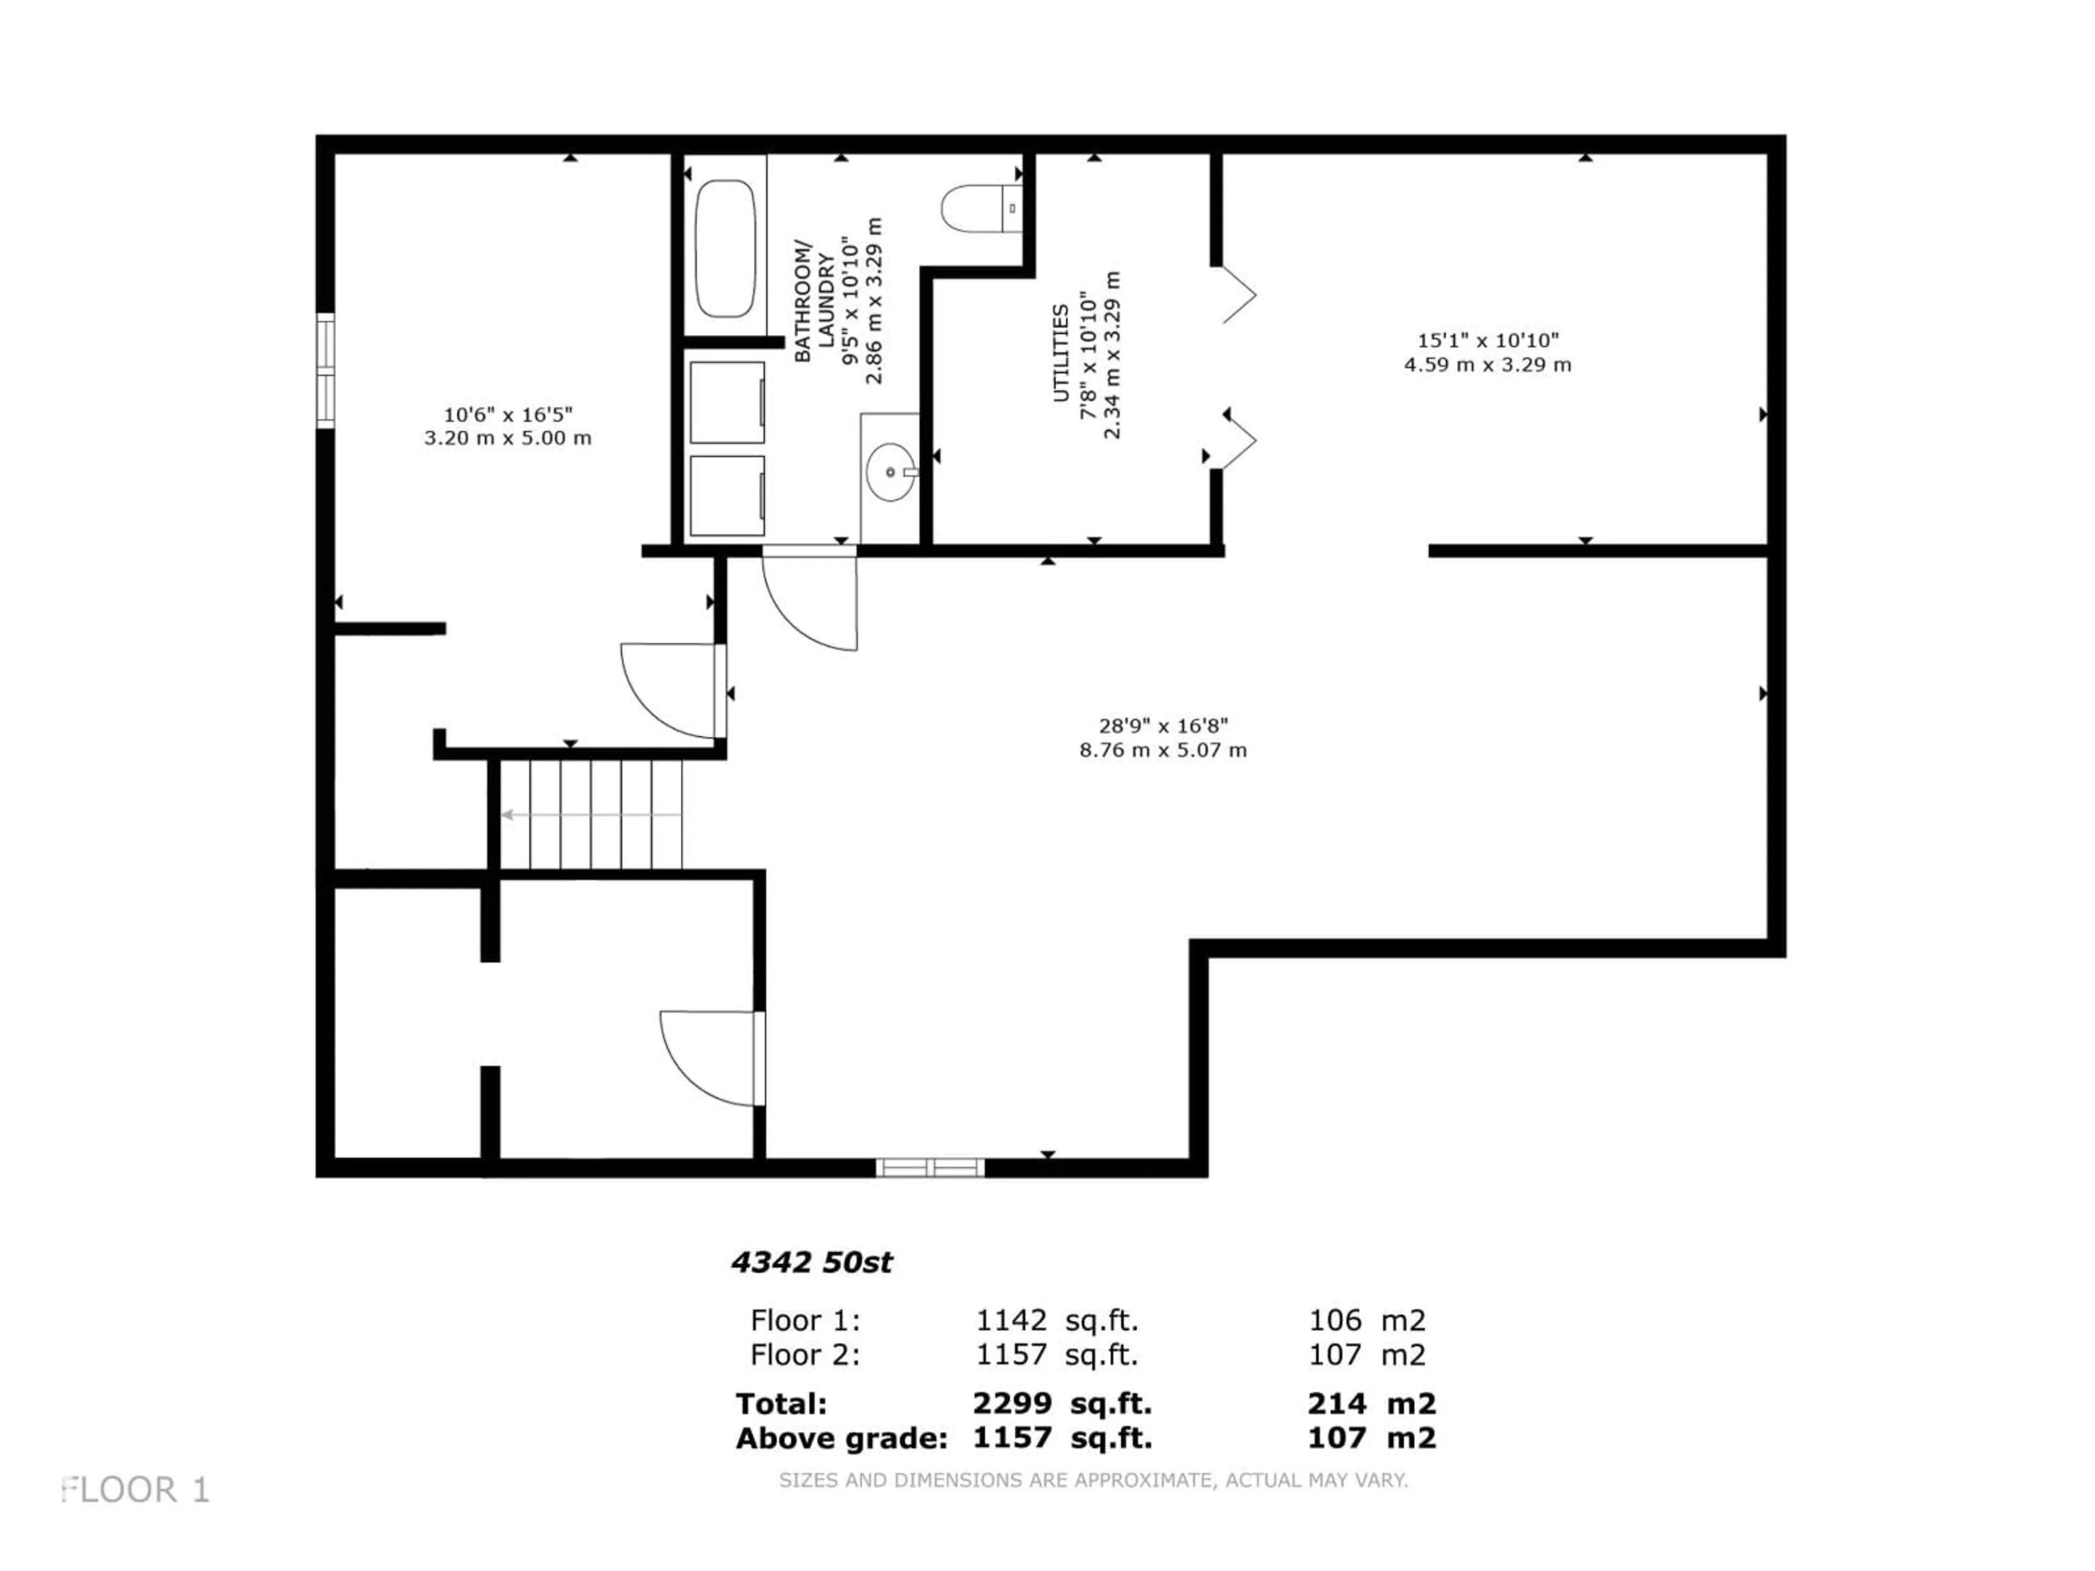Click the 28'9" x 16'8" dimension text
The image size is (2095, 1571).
click(x=1163, y=725)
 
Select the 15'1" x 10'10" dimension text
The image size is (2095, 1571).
click(x=1488, y=340)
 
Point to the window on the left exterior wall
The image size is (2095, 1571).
click(x=325, y=370)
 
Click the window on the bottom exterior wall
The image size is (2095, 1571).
click(x=930, y=1167)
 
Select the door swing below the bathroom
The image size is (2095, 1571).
click(x=810, y=601)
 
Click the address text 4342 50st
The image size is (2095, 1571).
click(x=812, y=1262)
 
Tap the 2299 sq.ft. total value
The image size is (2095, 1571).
click(x=1062, y=1404)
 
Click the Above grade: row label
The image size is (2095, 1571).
click(x=841, y=1438)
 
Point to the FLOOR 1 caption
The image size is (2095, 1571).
click(x=135, y=1490)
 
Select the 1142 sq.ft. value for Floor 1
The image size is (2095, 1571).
click(x=1057, y=1320)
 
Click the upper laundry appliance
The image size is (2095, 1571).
click(x=727, y=403)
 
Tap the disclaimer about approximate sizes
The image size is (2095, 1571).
click(x=1093, y=1480)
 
